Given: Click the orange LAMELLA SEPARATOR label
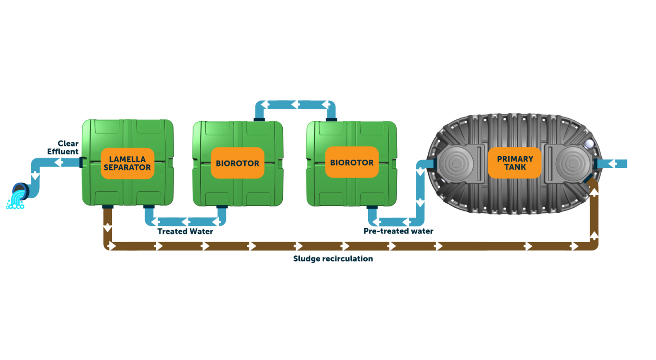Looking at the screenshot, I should pos(127,163).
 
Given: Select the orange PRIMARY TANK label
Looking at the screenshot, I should pos(515,163).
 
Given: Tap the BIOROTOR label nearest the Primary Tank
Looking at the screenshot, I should pos(351,162).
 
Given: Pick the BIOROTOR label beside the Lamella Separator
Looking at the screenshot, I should pos(237,163).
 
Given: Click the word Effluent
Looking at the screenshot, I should pos(63,152).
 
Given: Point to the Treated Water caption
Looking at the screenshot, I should pos(185,231).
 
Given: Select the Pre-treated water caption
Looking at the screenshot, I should pos(398,231).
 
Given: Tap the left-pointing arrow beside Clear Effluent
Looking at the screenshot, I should pos(59,162).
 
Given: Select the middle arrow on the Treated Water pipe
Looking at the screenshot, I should pos(186,222).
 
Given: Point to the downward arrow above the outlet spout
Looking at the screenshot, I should pos(35,176).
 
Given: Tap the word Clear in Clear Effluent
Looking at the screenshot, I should pos(68,143).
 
